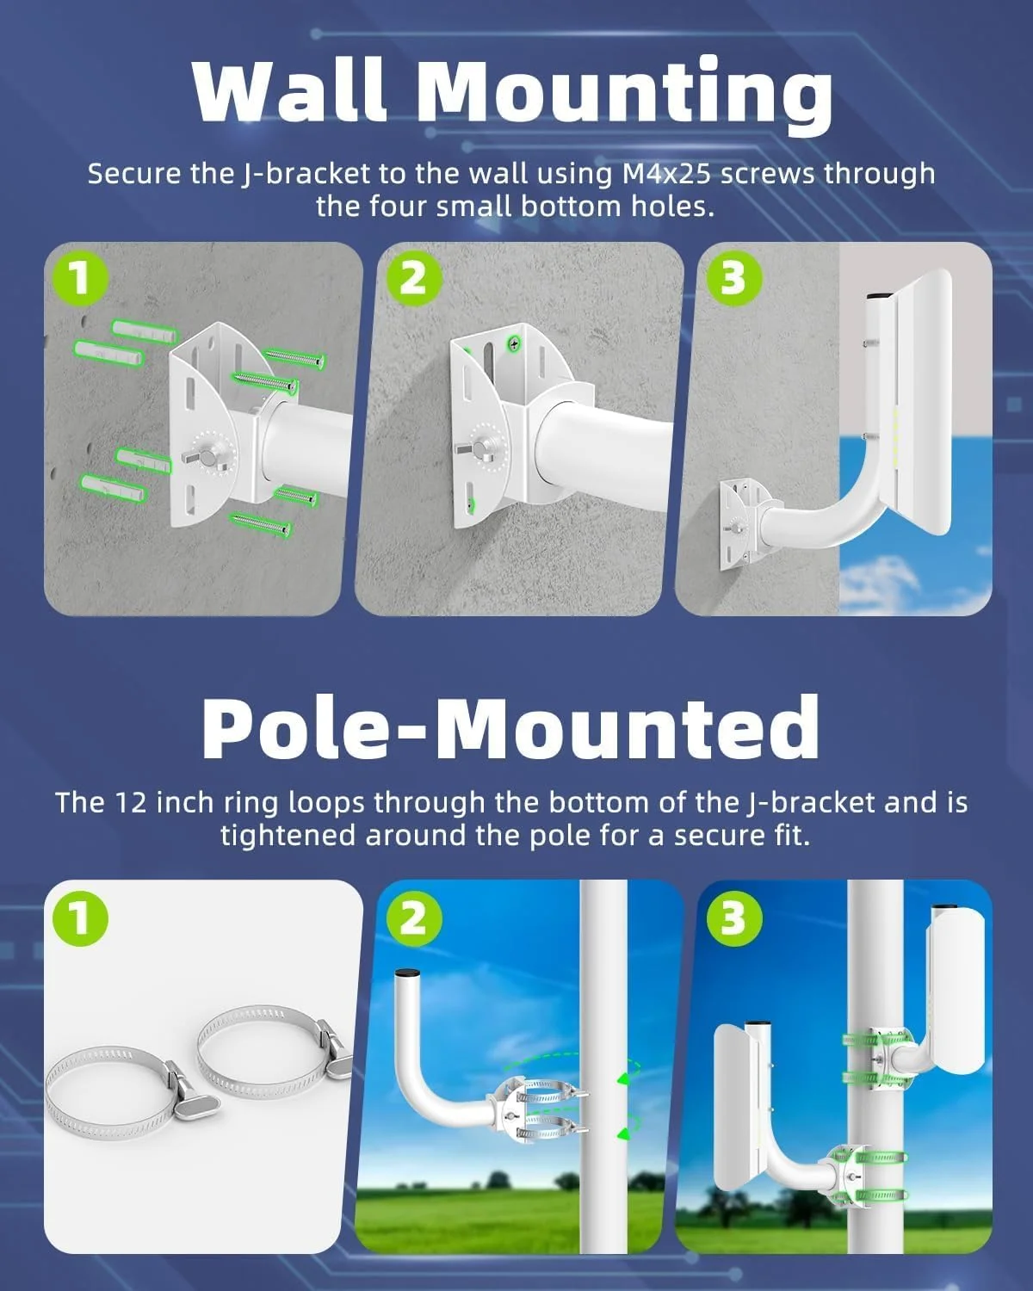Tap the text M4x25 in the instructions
click(x=667, y=174)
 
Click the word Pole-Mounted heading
click(x=510, y=727)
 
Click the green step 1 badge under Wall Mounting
click(x=80, y=279)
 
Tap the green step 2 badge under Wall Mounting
click(x=413, y=279)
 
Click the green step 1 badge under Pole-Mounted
click(x=80, y=917)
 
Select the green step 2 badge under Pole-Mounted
click(x=413, y=917)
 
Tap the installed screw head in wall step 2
click(x=515, y=343)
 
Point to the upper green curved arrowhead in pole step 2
click(x=624, y=1079)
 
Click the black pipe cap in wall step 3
click(x=879, y=296)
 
